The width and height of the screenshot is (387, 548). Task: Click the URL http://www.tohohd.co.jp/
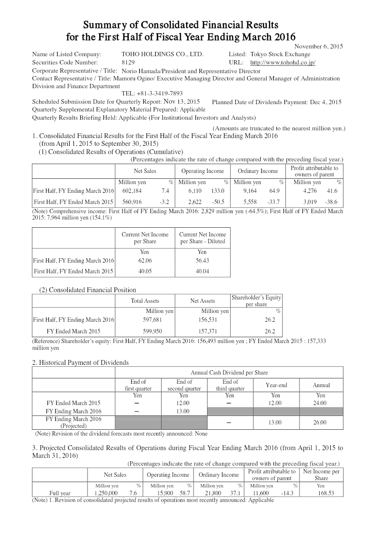click(x=283, y=63)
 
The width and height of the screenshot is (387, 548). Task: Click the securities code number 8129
click(x=128, y=63)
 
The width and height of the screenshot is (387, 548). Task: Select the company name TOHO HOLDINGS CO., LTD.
click(x=163, y=54)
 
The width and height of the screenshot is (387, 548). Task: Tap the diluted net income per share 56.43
click(x=202, y=261)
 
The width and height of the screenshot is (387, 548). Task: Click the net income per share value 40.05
click(x=145, y=271)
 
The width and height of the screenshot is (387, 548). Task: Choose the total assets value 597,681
click(x=145, y=320)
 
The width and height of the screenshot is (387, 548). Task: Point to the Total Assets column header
click(x=145, y=301)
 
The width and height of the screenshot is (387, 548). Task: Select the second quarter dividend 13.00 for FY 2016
click(x=184, y=411)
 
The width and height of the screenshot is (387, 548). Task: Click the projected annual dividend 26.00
click(x=321, y=423)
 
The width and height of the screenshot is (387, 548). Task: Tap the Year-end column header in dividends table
click(x=276, y=385)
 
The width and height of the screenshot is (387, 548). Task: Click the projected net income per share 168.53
click(x=321, y=493)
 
